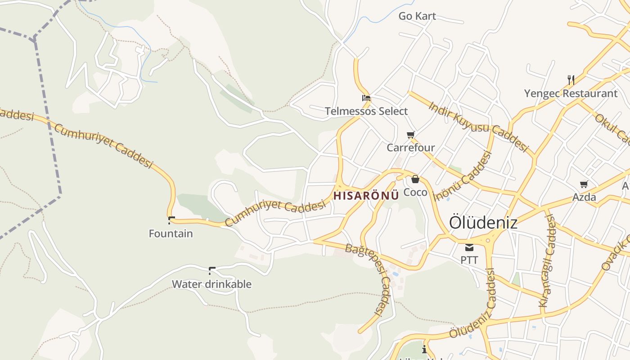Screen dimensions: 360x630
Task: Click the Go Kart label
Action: point(417,16)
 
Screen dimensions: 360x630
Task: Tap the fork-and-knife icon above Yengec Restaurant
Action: point(571,80)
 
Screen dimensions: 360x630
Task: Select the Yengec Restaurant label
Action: point(571,94)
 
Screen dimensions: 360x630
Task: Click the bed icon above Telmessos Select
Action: point(366,98)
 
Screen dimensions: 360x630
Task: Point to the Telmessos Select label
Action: point(366,111)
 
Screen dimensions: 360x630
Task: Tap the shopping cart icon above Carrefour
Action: point(410,135)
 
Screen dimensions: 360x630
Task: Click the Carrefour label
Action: point(411,148)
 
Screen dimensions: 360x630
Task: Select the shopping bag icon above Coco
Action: point(415,179)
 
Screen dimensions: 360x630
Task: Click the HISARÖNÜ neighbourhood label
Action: point(366,196)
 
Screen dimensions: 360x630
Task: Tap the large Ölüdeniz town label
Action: point(483,223)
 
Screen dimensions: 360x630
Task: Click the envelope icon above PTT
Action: point(469,247)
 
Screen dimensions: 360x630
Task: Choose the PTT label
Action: point(469,260)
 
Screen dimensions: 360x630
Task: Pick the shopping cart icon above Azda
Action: point(584,184)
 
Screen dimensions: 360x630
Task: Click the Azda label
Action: point(584,197)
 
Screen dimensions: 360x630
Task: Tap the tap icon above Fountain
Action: point(171,220)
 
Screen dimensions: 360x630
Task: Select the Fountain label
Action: point(171,234)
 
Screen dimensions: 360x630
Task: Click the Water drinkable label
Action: point(211,284)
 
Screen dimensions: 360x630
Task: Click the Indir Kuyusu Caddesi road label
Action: point(478,126)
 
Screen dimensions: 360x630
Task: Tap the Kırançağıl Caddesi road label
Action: point(547,261)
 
